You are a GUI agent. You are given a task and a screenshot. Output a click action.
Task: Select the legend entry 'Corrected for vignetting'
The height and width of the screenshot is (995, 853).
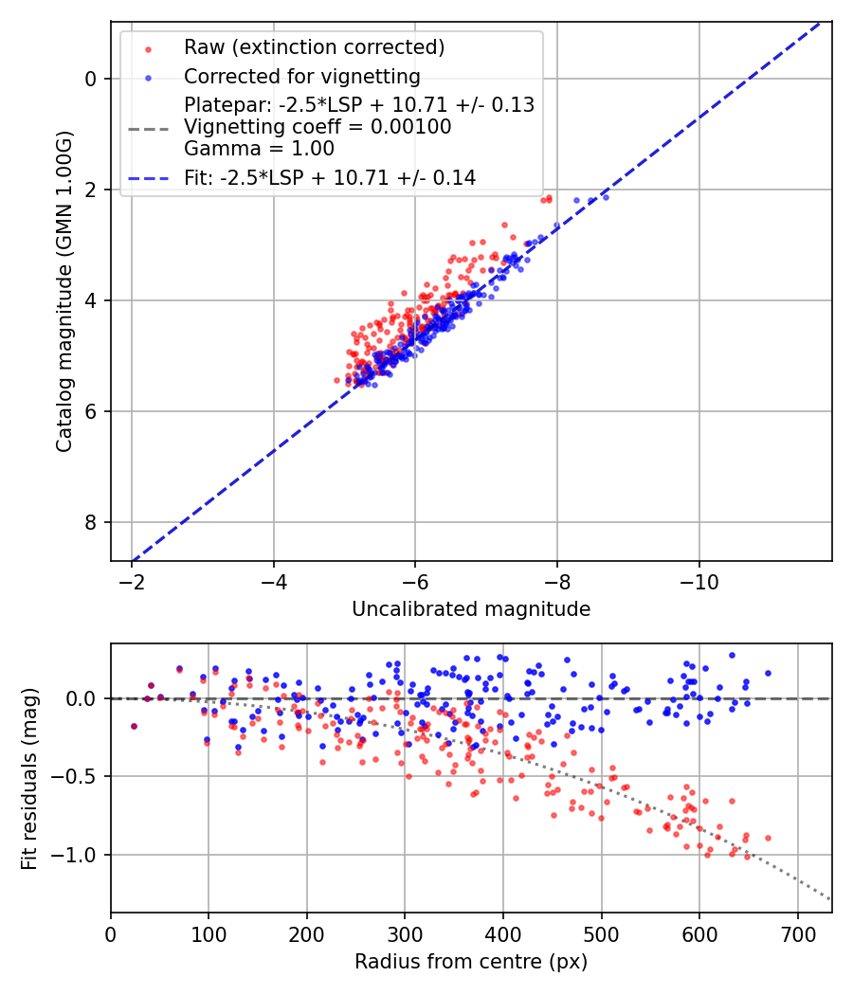[302, 76]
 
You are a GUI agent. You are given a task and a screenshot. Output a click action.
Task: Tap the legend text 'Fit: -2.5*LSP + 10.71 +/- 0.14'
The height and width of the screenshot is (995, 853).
[330, 177]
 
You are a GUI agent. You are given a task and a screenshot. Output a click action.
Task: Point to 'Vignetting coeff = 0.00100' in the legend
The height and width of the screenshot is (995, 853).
[318, 127]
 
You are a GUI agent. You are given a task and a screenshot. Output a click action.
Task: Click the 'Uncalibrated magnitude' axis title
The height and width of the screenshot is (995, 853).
[471, 609]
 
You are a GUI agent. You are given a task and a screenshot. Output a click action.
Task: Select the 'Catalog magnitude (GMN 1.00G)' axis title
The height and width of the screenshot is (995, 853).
[64, 293]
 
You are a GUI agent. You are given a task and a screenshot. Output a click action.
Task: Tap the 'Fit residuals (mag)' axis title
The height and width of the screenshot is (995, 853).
[29, 778]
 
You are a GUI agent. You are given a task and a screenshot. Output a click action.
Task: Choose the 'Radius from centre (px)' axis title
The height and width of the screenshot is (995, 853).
[471, 962]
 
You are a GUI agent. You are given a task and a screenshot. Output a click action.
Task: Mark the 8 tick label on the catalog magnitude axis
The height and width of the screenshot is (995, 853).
[91, 522]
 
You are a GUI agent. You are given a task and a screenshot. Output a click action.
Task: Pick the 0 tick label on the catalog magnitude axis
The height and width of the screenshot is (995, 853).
[91, 79]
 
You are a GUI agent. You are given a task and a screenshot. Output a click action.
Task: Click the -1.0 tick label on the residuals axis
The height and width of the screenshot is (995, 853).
[80, 855]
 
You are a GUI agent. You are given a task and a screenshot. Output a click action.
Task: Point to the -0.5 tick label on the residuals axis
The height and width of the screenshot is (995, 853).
[80, 777]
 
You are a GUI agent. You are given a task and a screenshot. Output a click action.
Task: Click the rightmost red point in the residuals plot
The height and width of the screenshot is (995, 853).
[768, 838]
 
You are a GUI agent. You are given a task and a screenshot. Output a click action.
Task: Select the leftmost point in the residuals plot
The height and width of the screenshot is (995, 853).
[134, 726]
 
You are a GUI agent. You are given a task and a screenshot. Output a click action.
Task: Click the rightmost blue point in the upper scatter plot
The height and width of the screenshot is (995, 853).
[606, 196]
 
